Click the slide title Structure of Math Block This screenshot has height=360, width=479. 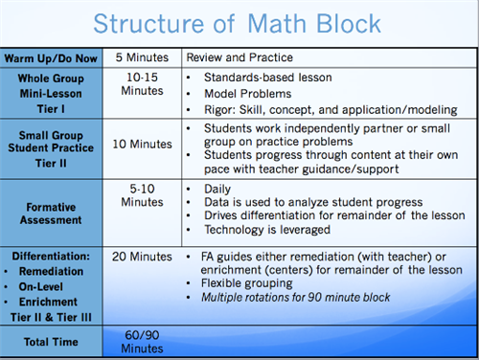(x=239, y=22)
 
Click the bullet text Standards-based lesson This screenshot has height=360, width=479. (x=261, y=76)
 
